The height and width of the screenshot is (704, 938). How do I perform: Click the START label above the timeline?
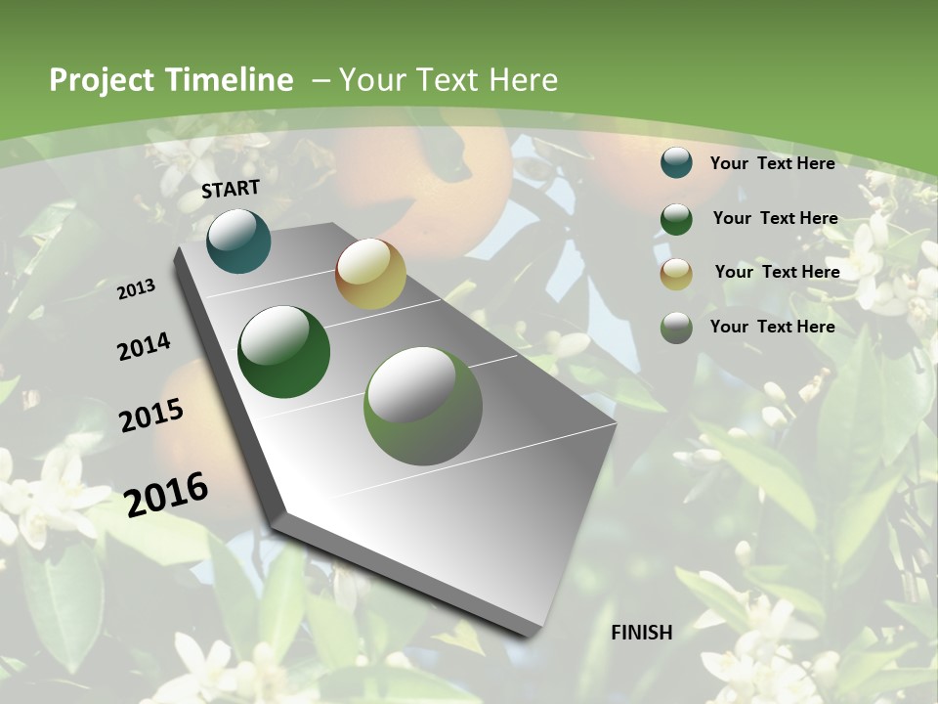point(231,189)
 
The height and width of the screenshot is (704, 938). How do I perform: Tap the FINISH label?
point(641,633)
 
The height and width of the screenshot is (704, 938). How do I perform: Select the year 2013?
point(137,289)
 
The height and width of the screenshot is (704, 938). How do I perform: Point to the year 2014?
point(145,346)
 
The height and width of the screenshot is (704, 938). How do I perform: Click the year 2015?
point(151,416)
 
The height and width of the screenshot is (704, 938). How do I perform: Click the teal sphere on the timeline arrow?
point(238,241)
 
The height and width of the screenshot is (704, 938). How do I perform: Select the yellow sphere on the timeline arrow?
point(370,274)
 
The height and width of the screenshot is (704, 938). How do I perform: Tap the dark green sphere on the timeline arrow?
point(284,352)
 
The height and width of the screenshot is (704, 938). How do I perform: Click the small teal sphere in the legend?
point(676,163)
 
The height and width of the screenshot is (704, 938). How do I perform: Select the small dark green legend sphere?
point(676,219)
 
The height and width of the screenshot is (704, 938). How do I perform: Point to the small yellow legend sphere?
point(676,274)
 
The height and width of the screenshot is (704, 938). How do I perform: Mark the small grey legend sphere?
point(676,328)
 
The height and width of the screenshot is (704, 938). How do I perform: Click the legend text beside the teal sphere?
point(772,163)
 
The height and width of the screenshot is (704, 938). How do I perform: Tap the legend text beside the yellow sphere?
point(777,272)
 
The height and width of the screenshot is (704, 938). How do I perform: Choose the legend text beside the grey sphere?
point(772,327)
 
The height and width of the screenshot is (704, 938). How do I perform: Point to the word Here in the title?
point(525,80)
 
